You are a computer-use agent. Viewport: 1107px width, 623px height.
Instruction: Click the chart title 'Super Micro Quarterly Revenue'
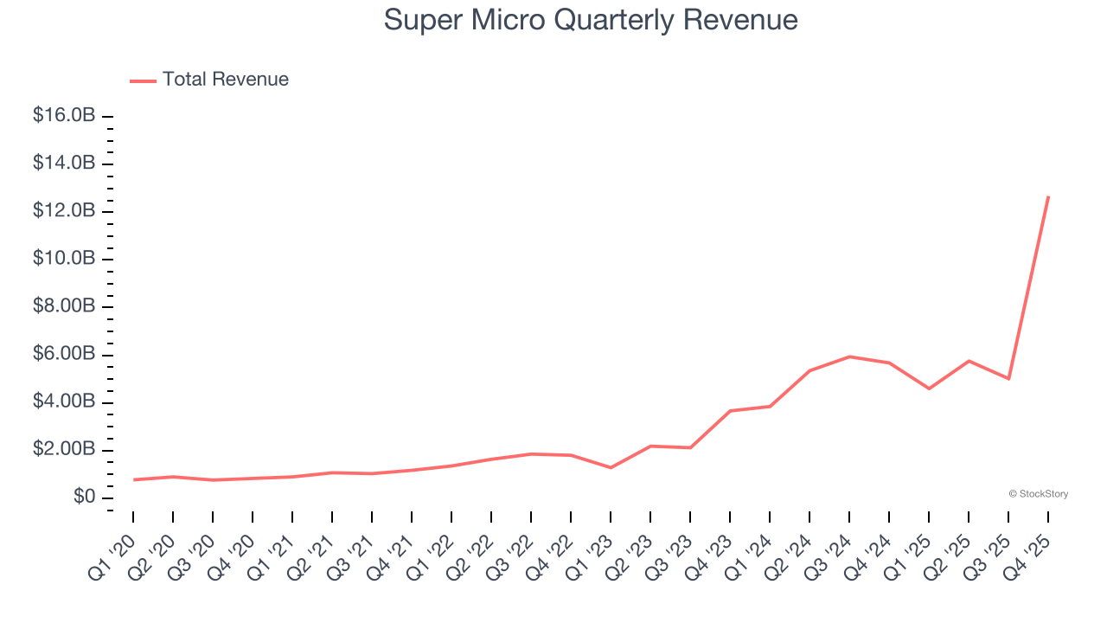tap(591, 20)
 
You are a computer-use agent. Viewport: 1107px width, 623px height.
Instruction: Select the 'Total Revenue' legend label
tap(225, 80)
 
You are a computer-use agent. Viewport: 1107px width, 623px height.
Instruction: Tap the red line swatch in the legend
tap(143, 80)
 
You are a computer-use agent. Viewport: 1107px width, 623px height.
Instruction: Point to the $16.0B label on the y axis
tap(63, 116)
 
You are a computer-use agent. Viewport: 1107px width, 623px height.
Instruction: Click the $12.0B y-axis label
tap(63, 211)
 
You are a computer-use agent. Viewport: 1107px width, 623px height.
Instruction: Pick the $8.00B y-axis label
tap(63, 307)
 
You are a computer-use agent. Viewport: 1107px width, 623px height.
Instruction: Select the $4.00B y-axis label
tap(63, 402)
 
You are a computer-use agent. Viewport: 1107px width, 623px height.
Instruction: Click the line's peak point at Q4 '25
tap(1048, 196)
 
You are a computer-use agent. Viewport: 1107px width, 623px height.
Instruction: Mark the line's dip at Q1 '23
tap(611, 467)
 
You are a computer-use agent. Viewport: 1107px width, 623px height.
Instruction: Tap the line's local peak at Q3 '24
tap(849, 356)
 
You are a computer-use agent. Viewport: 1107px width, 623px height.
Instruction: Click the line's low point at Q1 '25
tap(929, 389)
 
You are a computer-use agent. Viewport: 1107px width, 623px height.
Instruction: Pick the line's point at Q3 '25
tap(1008, 379)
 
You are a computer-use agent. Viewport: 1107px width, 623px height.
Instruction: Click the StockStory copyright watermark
tap(1038, 494)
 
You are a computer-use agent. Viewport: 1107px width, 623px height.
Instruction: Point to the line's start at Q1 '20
tap(133, 479)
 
